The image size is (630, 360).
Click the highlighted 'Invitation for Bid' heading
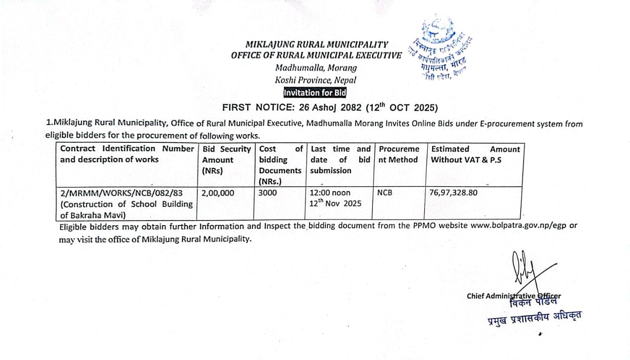(315, 93)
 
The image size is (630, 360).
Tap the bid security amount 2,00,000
(218, 193)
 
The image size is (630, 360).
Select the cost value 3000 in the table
(268, 193)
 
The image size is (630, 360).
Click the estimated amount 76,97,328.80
(453, 193)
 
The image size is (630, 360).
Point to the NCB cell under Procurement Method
(384, 193)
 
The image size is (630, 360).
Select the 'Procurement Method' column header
(398, 154)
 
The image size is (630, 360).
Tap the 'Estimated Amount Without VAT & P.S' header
(475, 154)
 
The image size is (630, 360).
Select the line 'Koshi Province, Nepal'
(315, 80)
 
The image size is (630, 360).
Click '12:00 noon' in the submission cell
(330, 193)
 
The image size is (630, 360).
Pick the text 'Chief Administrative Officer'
(513, 295)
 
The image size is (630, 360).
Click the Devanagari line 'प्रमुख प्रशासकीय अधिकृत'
(534, 319)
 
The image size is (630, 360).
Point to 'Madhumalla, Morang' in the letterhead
(316, 68)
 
